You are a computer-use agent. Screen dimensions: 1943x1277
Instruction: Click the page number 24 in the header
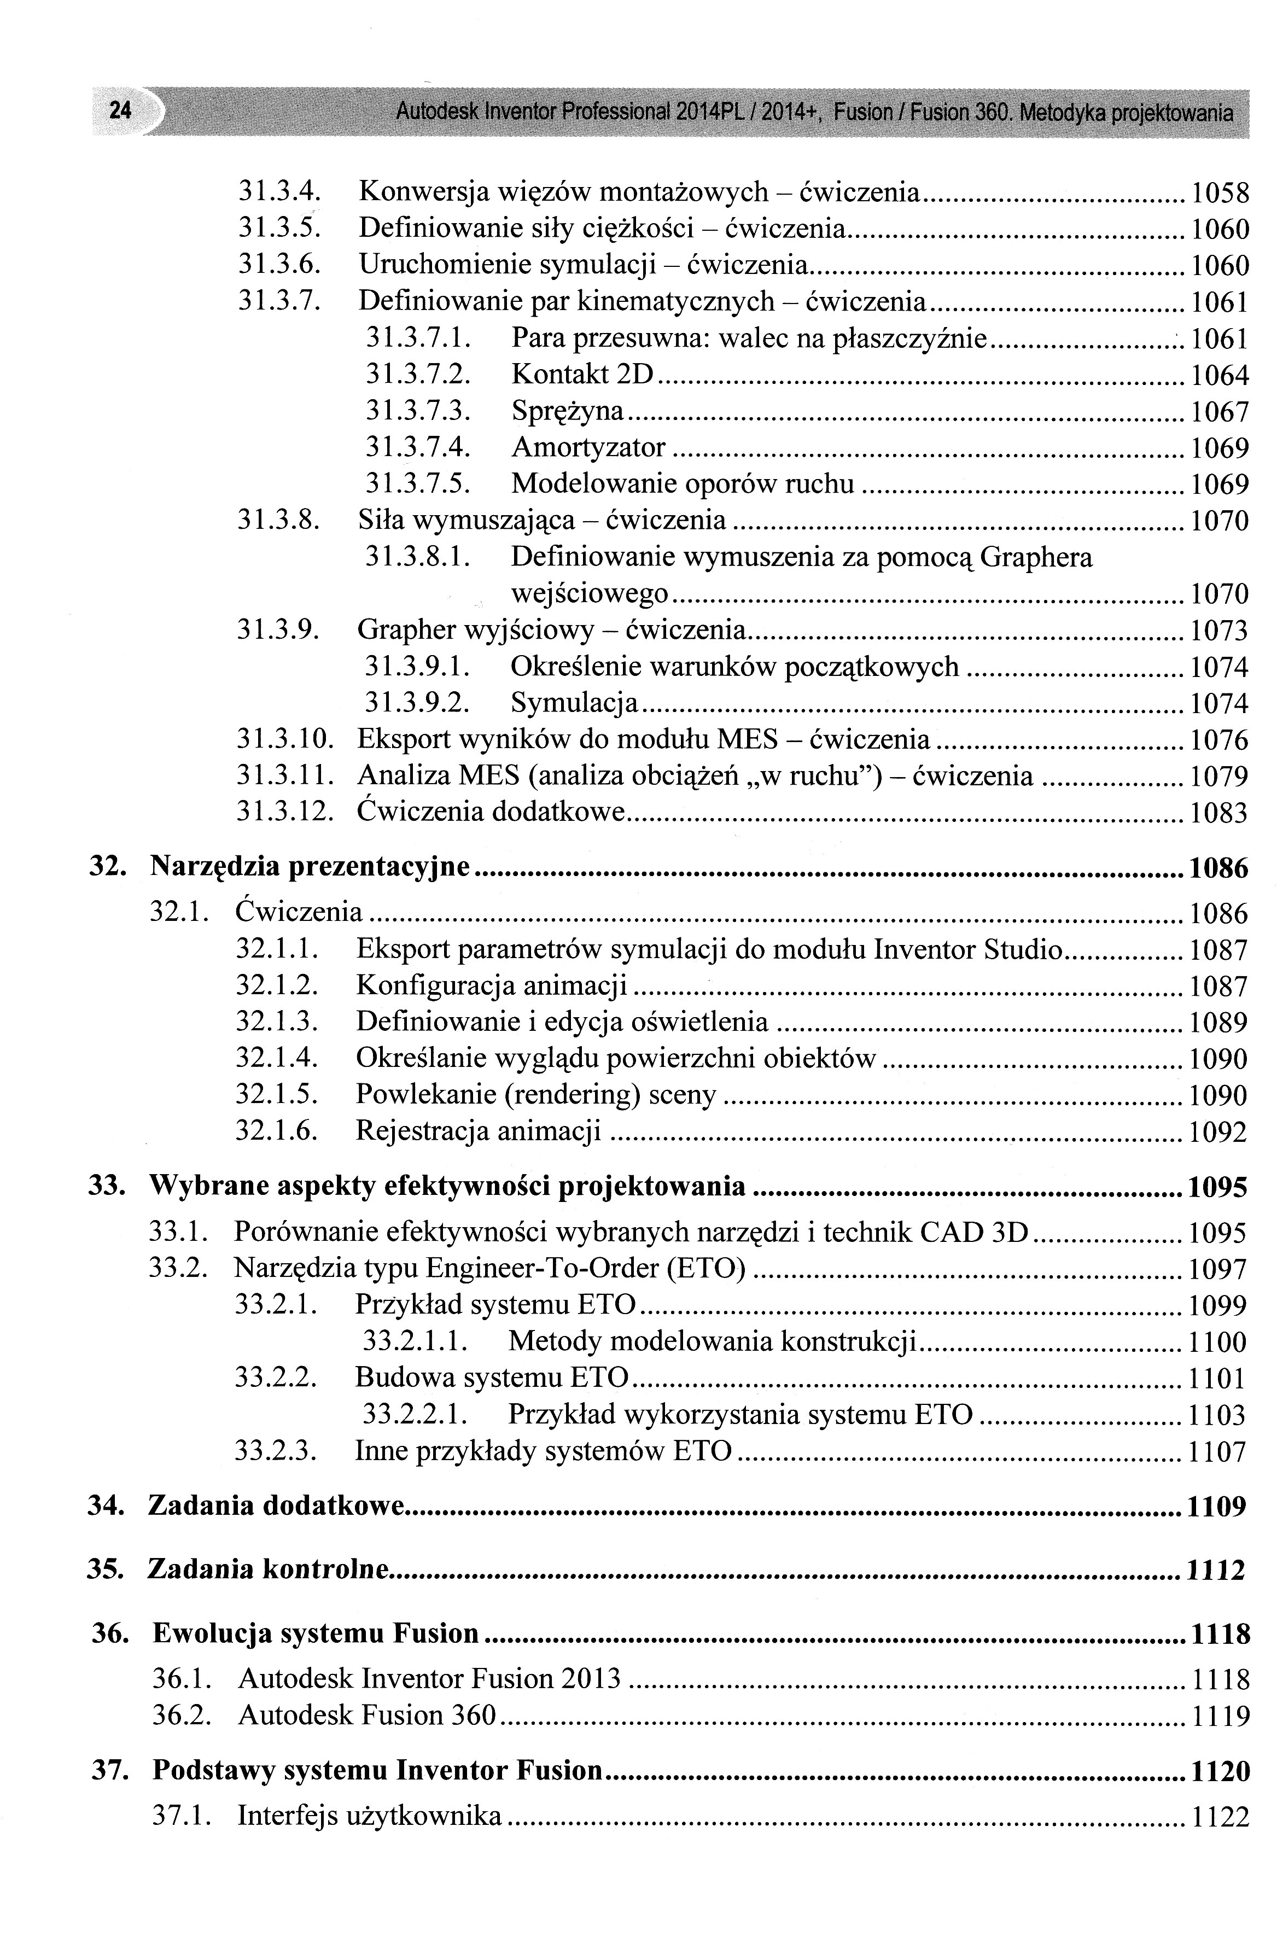point(120,109)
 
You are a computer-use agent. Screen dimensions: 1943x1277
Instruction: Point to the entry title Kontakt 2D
point(583,375)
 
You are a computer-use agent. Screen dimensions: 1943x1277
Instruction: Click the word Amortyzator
point(588,447)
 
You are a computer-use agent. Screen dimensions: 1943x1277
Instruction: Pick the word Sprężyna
point(568,411)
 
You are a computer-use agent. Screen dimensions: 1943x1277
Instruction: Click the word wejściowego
point(590,593)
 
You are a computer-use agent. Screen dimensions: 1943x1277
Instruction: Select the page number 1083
point(1219,813)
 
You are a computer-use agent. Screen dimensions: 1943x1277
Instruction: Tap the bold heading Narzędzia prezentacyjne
point(310,866)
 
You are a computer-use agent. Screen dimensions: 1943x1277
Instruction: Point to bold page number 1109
point(1217,1506)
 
